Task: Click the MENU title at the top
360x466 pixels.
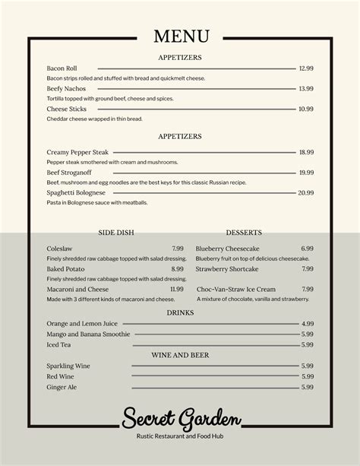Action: tap(180, 36)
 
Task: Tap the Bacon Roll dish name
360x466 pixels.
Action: tap(62, 68)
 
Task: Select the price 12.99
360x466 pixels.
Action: tap(306, 68)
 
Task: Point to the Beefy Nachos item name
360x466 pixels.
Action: tap(66, 88)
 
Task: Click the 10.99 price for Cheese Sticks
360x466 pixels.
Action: tap(306, 109)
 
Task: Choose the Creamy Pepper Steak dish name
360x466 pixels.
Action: tap(77, 152)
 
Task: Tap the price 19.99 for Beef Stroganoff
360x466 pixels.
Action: tap(306, 173)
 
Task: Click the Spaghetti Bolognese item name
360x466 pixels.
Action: tap(76, 193)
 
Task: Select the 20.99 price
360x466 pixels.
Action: tap(306, 193)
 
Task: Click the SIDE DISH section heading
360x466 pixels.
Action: tap(117, 233)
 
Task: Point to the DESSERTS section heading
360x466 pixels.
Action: tap(244, 233)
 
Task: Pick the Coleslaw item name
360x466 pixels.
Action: tap(59, 249)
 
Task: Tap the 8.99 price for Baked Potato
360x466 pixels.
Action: tap(177, 269)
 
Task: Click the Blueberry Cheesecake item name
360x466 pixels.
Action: tap(228, 249)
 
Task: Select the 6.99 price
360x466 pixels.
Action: tap(307, 249)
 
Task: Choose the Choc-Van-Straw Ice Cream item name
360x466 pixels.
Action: tap(236, 290)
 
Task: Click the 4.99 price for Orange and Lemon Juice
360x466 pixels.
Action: tap(307, 324)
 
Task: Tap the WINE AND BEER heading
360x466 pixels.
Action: tap(180, 355)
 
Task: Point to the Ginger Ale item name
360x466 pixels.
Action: tap(62, 387)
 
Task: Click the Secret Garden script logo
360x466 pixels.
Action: tap(182, 417)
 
